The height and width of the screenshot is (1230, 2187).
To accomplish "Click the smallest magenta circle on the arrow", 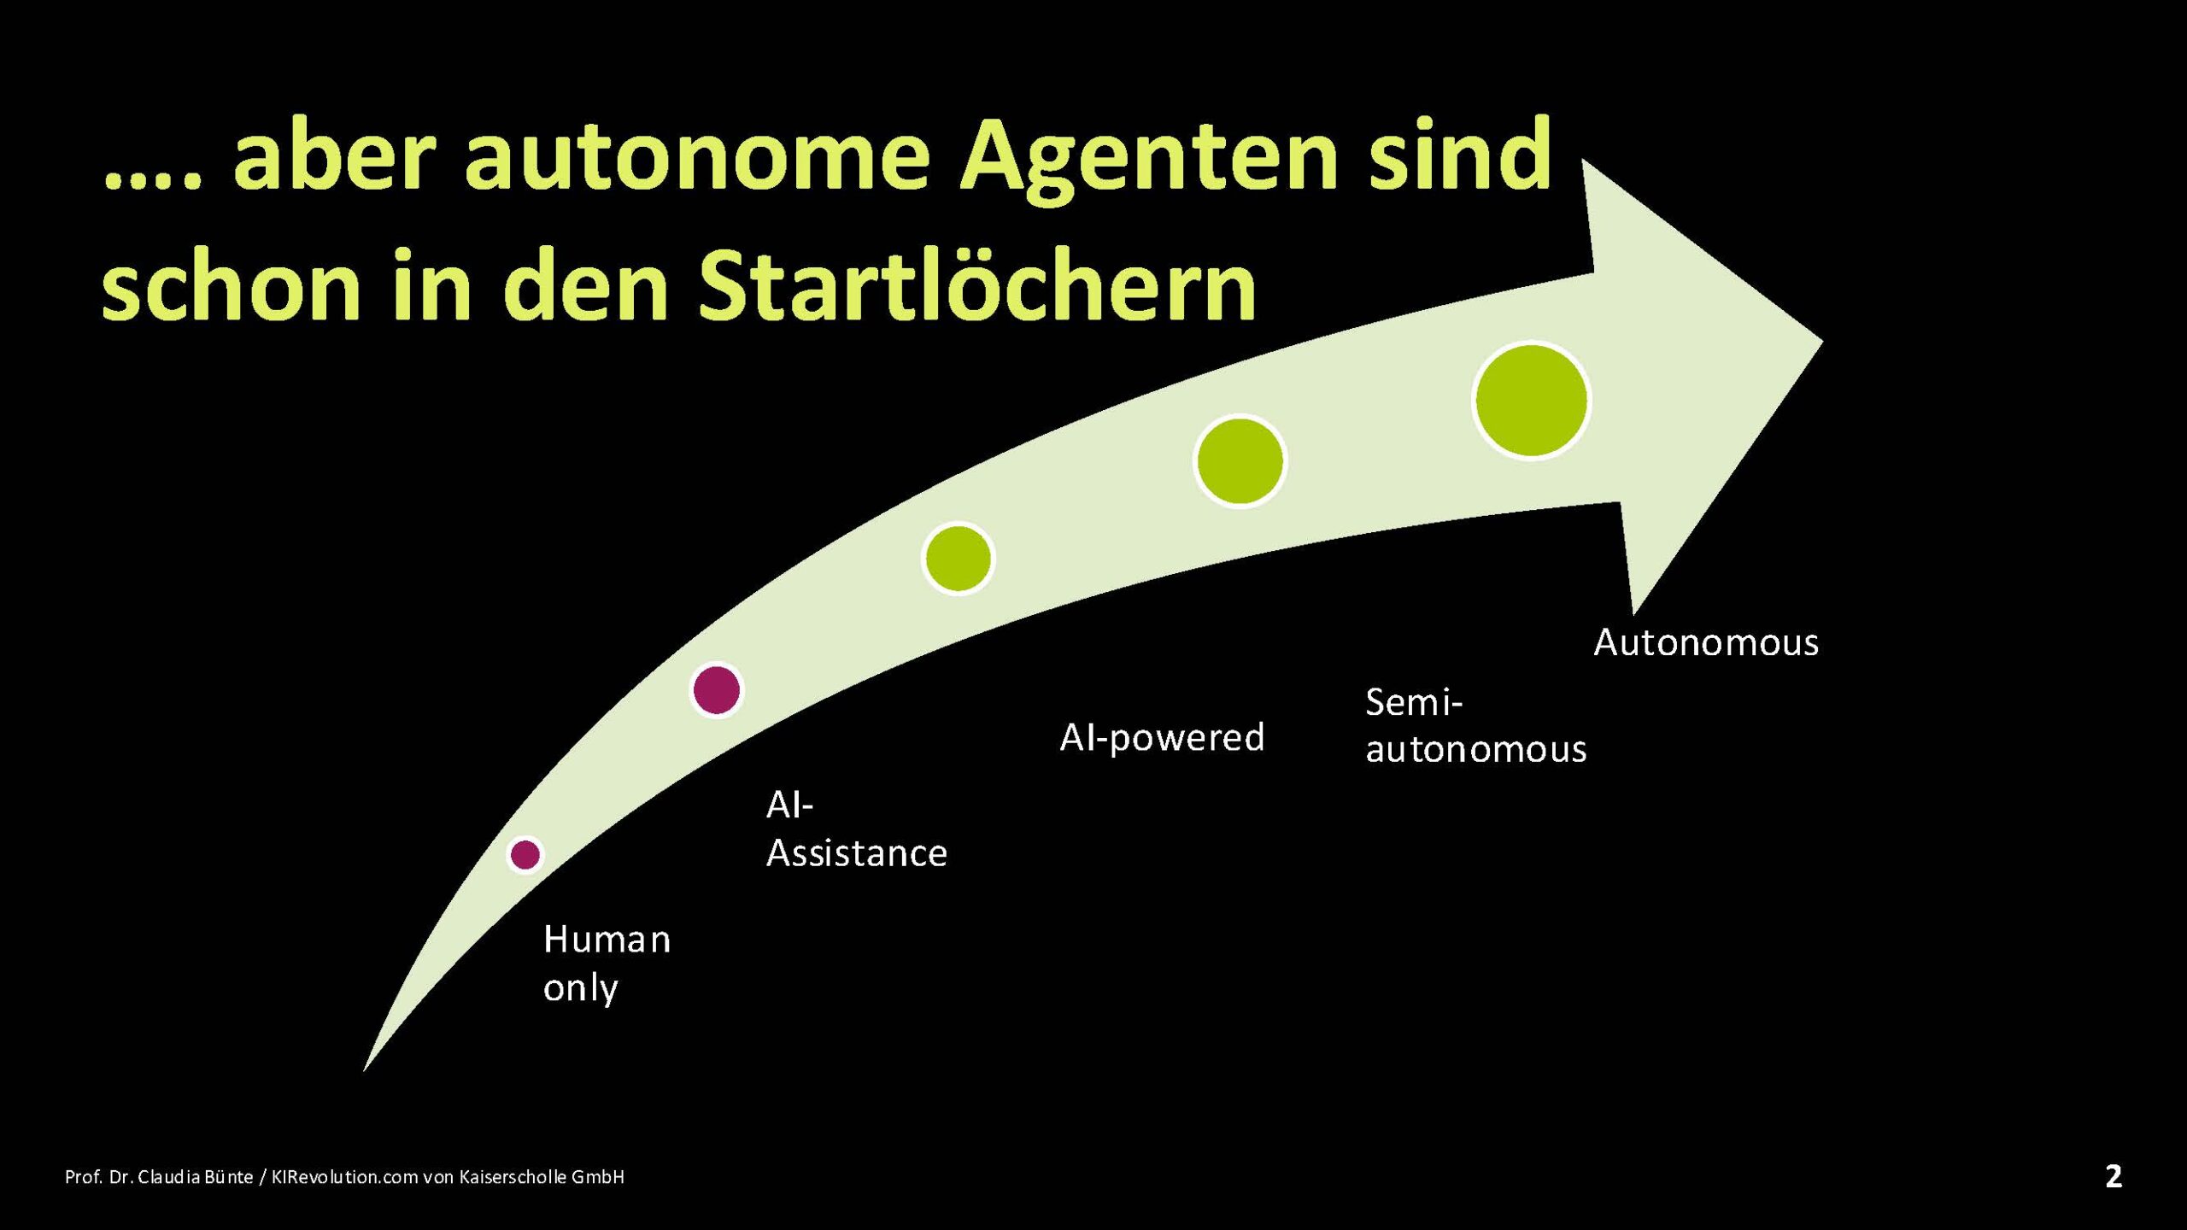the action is click(x=525, y=854).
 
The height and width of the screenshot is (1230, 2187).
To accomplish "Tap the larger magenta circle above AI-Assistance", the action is click(x=716, y=689).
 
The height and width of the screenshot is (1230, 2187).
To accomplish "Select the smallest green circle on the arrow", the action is click(x=959, y=559).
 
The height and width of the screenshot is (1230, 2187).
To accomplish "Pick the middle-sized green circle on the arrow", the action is click(x=1240, y=461).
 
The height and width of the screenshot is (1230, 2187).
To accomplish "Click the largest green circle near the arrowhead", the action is click(x=1531, y=401).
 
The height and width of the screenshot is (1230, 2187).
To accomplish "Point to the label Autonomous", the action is click(x=1706, y=642).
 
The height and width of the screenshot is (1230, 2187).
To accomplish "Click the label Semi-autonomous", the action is click(x=1475, y=726).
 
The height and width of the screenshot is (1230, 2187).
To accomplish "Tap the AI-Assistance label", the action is click(x=857, y=829).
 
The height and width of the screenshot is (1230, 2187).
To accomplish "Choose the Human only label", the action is click(x=607, y=963).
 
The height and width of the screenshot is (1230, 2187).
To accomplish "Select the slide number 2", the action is click(x=2114, y=1176).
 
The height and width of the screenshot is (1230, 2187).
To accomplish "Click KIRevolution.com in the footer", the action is click(x=344, y=1177).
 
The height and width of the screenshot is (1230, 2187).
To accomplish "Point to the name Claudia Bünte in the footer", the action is click(x=196, y=1177).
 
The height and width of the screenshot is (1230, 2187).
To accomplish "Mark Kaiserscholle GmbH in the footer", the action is click(x=542, y=1177).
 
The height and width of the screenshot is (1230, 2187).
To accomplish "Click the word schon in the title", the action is click(x=231, y=285).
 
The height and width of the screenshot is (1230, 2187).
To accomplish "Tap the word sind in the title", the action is click(x=1460, y=154).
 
